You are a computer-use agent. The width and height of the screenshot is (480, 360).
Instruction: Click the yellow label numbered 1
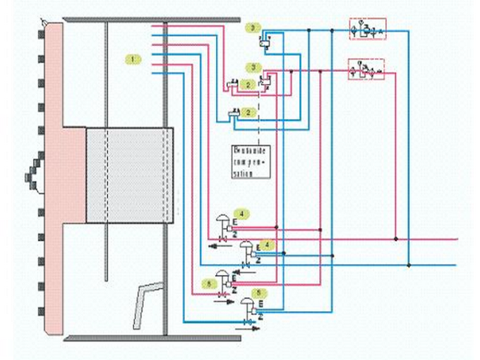pyautogui.click(x=132, y=59)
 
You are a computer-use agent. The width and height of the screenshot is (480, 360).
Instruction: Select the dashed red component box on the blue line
pyautogui.click(x=367, y=30)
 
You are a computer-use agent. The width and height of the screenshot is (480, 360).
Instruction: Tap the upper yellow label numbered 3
pyautogui.click(x=252, y=27)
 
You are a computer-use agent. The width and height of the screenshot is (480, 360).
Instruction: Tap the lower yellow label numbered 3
pyautogui.click(x=253, y=66)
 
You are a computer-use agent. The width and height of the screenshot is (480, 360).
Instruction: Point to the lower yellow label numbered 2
pyautogui.click(x=249, y=112)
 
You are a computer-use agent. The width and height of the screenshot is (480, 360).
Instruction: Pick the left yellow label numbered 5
pyautogui.click(x=208, y=283)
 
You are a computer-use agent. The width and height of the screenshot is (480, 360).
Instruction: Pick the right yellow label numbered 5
pyautogui.click(x=258, y=293)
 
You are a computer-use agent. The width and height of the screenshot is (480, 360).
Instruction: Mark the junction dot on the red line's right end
pyautogui.click(x=395, y=239)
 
